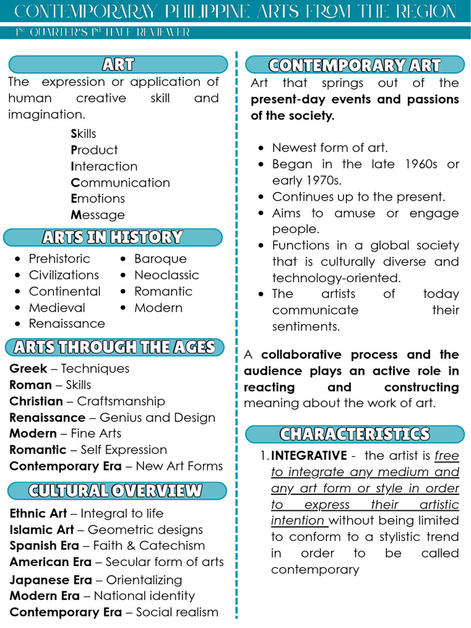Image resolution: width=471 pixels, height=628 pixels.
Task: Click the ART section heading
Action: click(118, 64)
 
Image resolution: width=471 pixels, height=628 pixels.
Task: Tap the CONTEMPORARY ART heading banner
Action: click(354, 65)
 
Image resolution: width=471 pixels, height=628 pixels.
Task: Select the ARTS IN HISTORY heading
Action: click(112, 237)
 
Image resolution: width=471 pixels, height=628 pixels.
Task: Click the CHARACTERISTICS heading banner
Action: click(354, 434)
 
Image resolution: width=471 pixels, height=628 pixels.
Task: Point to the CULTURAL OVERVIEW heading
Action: click(115, 491)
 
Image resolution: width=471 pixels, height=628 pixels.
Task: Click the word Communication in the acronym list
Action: click(120, 182)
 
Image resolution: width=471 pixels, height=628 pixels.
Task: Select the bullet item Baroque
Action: click(160, 259)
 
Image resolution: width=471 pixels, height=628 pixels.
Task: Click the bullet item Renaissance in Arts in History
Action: click(67, 323)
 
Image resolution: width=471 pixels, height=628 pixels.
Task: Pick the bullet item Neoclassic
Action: click(166, 275)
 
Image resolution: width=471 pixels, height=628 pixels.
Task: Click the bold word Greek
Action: click(28, 369)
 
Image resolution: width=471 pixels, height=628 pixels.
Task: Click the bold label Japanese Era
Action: click(51, 580)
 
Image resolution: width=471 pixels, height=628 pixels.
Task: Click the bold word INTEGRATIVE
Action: click(309, 456)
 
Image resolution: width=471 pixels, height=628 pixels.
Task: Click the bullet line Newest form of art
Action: click(330, 147)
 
